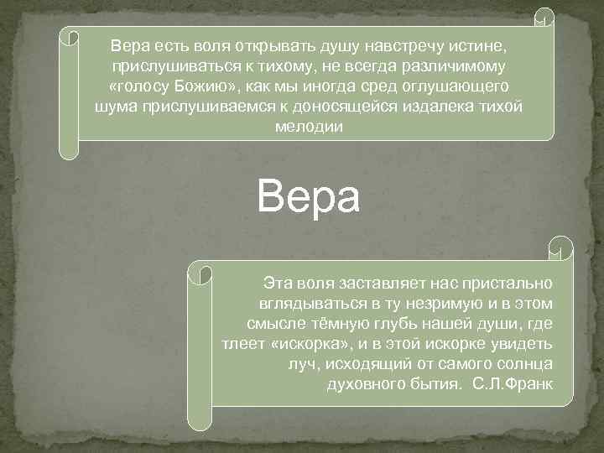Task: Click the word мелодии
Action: tap(309, 127)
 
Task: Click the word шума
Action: tap(115, 107)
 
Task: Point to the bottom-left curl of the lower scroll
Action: tap(199, 419)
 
